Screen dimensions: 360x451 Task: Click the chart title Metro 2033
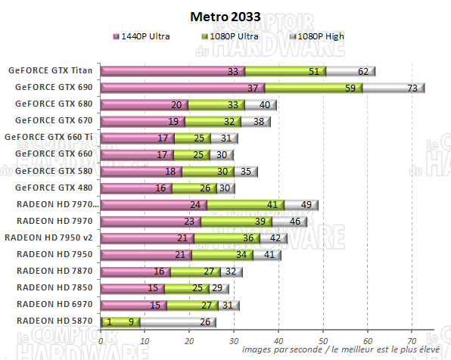pyautogui.click(x=225, y=16)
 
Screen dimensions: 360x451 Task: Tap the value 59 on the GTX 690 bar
pyautogui.click(x=350, y=88)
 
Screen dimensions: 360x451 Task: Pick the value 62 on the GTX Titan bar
pyautogui.click(x=363, y=72)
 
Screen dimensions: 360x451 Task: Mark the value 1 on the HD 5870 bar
pyautogui.click(x=110, y=322)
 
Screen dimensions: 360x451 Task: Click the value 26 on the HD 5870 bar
pyautogui.click(x=203, y=322)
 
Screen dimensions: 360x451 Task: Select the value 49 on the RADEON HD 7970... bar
pyautogui.click(x=306, y=205)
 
